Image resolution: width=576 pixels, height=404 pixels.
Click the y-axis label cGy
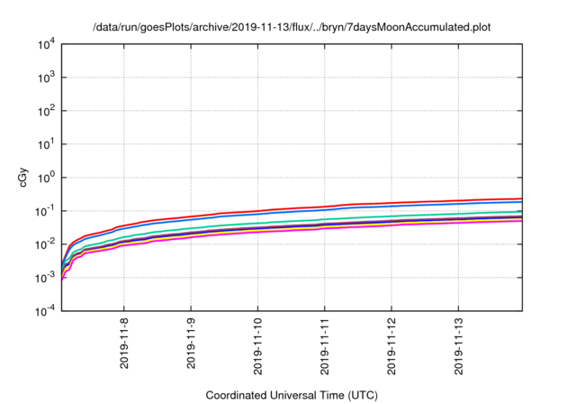click(24, 178)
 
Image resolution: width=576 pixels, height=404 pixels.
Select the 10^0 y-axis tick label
click(47, 178)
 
